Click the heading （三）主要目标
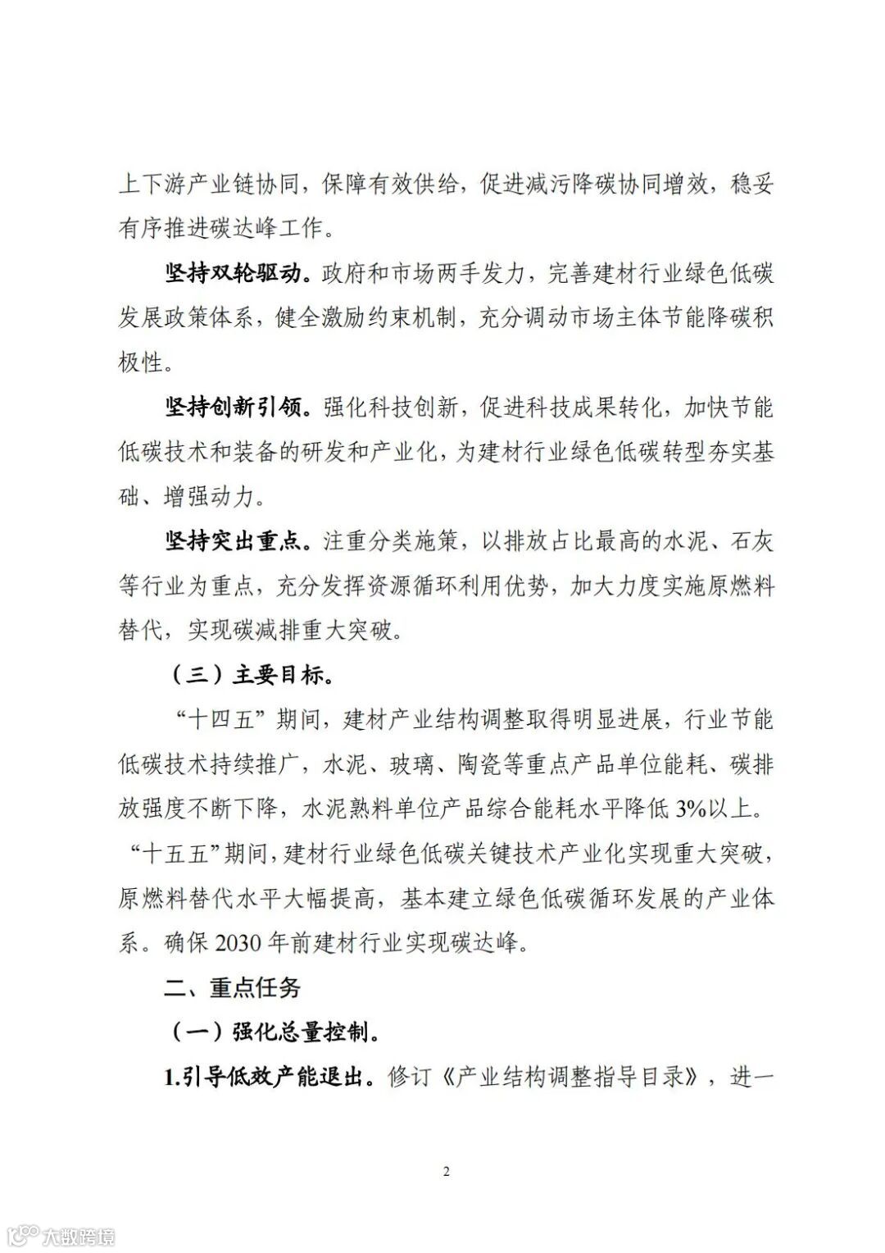(251, 675)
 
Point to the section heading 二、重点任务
(232, 987)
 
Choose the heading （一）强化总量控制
(274, 1032)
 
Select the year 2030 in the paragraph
(237, 943)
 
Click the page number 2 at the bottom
(446, 1172)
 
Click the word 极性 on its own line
(141, 362)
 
